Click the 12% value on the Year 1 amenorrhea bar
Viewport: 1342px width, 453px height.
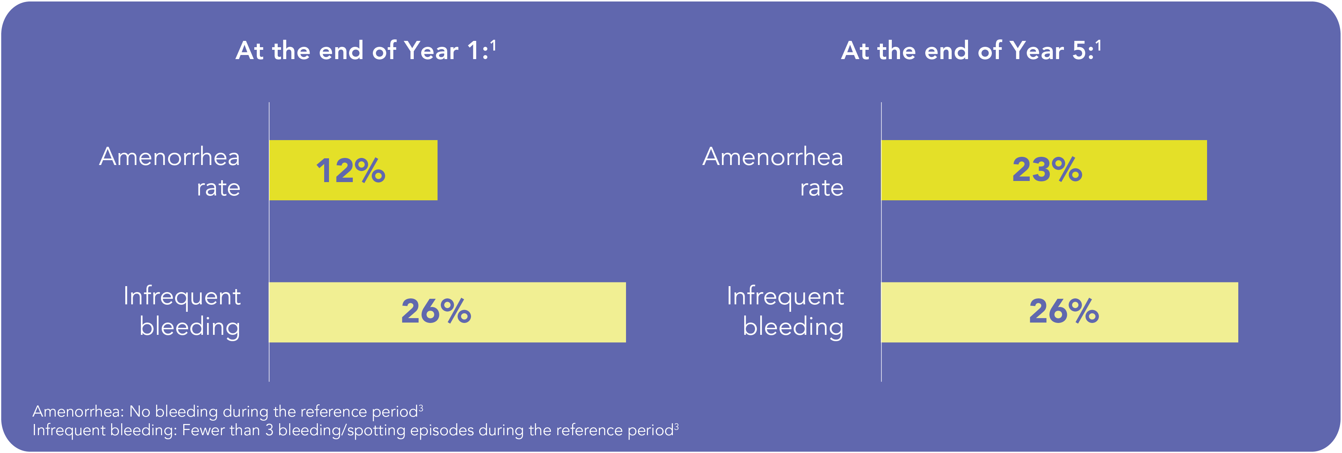(350, 171)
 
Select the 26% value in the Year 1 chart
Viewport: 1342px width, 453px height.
(436, 312)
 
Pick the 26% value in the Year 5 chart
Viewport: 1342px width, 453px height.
(1064, 312)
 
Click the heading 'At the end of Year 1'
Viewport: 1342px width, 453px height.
(362, 51)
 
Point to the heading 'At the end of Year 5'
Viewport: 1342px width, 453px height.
(967, 51)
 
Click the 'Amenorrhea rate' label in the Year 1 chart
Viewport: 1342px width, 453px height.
(170, 171)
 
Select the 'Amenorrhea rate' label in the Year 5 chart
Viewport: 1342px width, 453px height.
(773, 171)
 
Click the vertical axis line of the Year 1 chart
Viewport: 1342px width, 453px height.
(269, 240)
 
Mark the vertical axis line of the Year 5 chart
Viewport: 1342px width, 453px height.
(881, 240)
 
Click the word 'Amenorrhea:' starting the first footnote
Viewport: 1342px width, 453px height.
(78, 412)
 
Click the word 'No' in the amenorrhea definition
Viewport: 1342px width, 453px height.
(140, 412)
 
